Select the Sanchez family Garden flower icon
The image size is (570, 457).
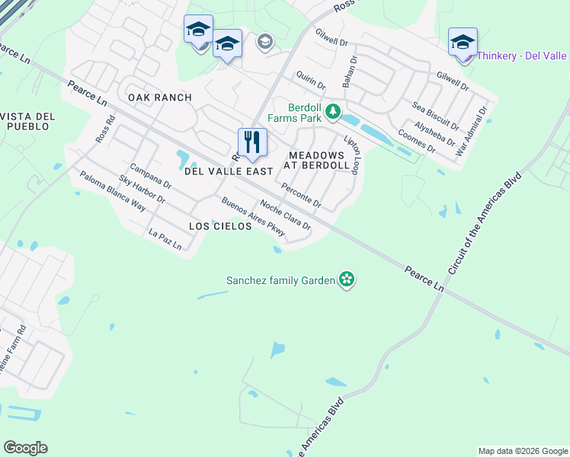347,280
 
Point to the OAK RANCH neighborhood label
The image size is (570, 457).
160,97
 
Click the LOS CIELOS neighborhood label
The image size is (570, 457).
221,227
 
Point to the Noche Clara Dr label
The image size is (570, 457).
286,216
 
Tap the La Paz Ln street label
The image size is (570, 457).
165,240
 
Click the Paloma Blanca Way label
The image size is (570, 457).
112,190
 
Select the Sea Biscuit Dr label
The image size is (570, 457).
436,114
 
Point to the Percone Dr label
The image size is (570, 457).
302,196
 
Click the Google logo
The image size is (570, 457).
25,448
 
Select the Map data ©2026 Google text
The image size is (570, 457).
522,451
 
